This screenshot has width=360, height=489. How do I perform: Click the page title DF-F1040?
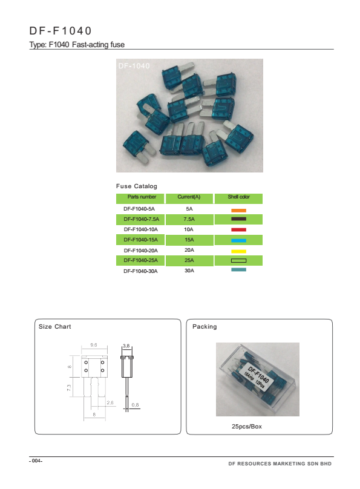point(61,31)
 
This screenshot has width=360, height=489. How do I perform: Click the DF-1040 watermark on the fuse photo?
point(134,66)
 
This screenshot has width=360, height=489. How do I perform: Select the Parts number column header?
point(142,197)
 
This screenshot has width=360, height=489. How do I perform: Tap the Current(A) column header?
point(189,197)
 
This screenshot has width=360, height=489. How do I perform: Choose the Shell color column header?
point(238,197)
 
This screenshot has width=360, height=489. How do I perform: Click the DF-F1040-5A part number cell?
point(139,209)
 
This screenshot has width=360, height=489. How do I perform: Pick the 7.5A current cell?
point(189,219)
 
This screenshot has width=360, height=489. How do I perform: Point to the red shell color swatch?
point(239,230)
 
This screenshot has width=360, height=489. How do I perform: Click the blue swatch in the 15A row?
point(239,240)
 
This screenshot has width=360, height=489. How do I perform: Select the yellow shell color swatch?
point(239,251)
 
